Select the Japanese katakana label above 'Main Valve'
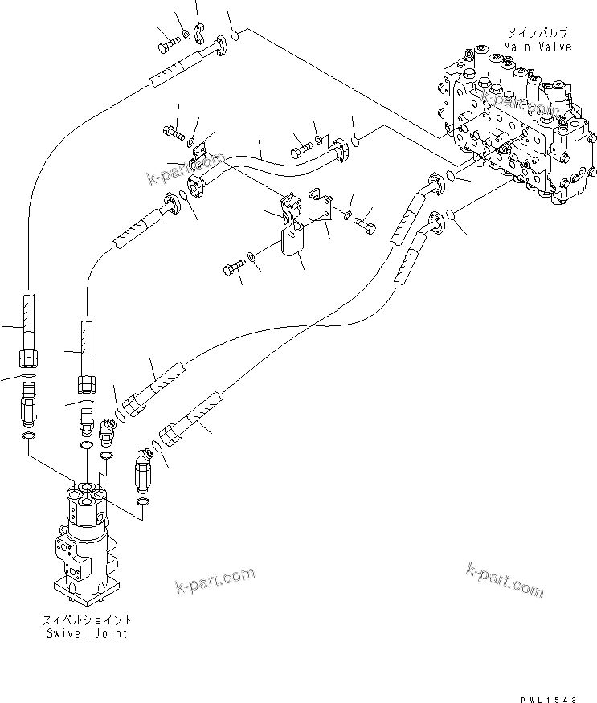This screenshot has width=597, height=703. pos(538,34)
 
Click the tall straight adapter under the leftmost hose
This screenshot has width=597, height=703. pos(29,402)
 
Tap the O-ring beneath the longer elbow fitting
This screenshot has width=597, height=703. pos(142,502)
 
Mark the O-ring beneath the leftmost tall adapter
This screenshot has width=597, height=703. pos(28,435)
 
